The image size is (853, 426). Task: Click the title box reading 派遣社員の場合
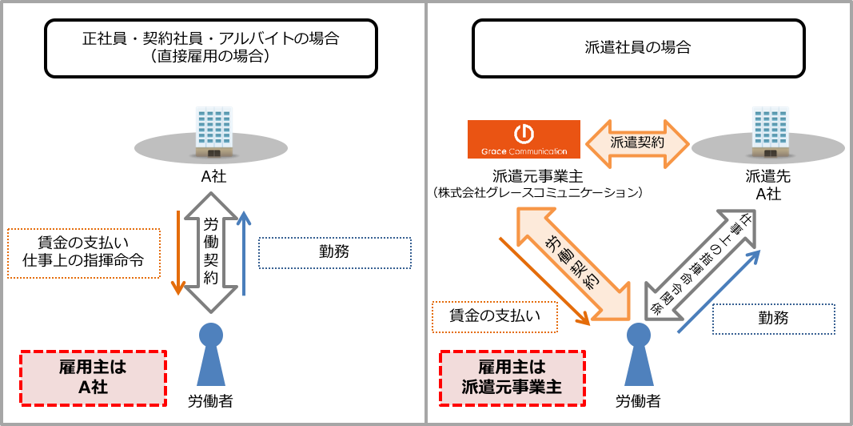click(638, 48)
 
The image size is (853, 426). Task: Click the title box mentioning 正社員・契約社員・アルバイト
click(210, 48)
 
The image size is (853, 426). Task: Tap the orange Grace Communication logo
click(524, 139)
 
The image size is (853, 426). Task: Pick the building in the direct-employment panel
click(213, 131)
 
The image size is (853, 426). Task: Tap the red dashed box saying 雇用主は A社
click(93, 377)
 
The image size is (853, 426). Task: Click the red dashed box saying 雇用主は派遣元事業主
click(512, 377)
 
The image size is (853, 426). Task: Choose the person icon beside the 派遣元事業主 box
click(639, 354)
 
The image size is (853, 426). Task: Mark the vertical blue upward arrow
click(244, 252)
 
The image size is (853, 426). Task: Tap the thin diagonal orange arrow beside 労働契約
click(544, 281)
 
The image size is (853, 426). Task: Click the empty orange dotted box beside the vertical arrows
click(84, 253)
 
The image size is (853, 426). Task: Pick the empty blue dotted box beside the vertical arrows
click(334, 252)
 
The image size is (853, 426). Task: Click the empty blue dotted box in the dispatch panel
click(773, 319)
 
